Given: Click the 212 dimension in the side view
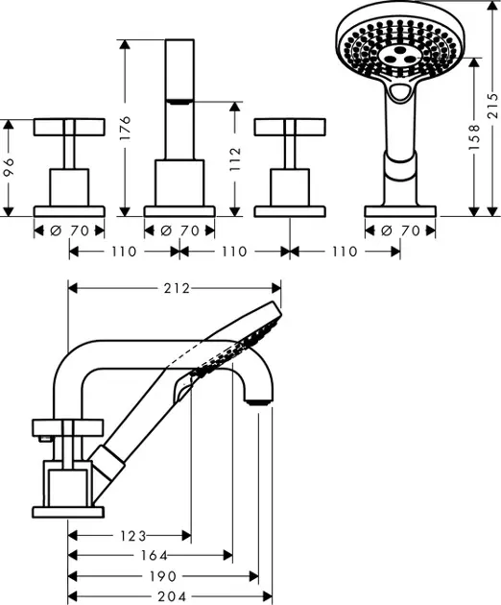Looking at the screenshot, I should pos(176,288).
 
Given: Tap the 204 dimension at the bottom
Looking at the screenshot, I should pos(164,596).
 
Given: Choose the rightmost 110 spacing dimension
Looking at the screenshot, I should pos(345,252).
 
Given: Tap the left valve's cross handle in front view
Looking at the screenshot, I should pos(68,127).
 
